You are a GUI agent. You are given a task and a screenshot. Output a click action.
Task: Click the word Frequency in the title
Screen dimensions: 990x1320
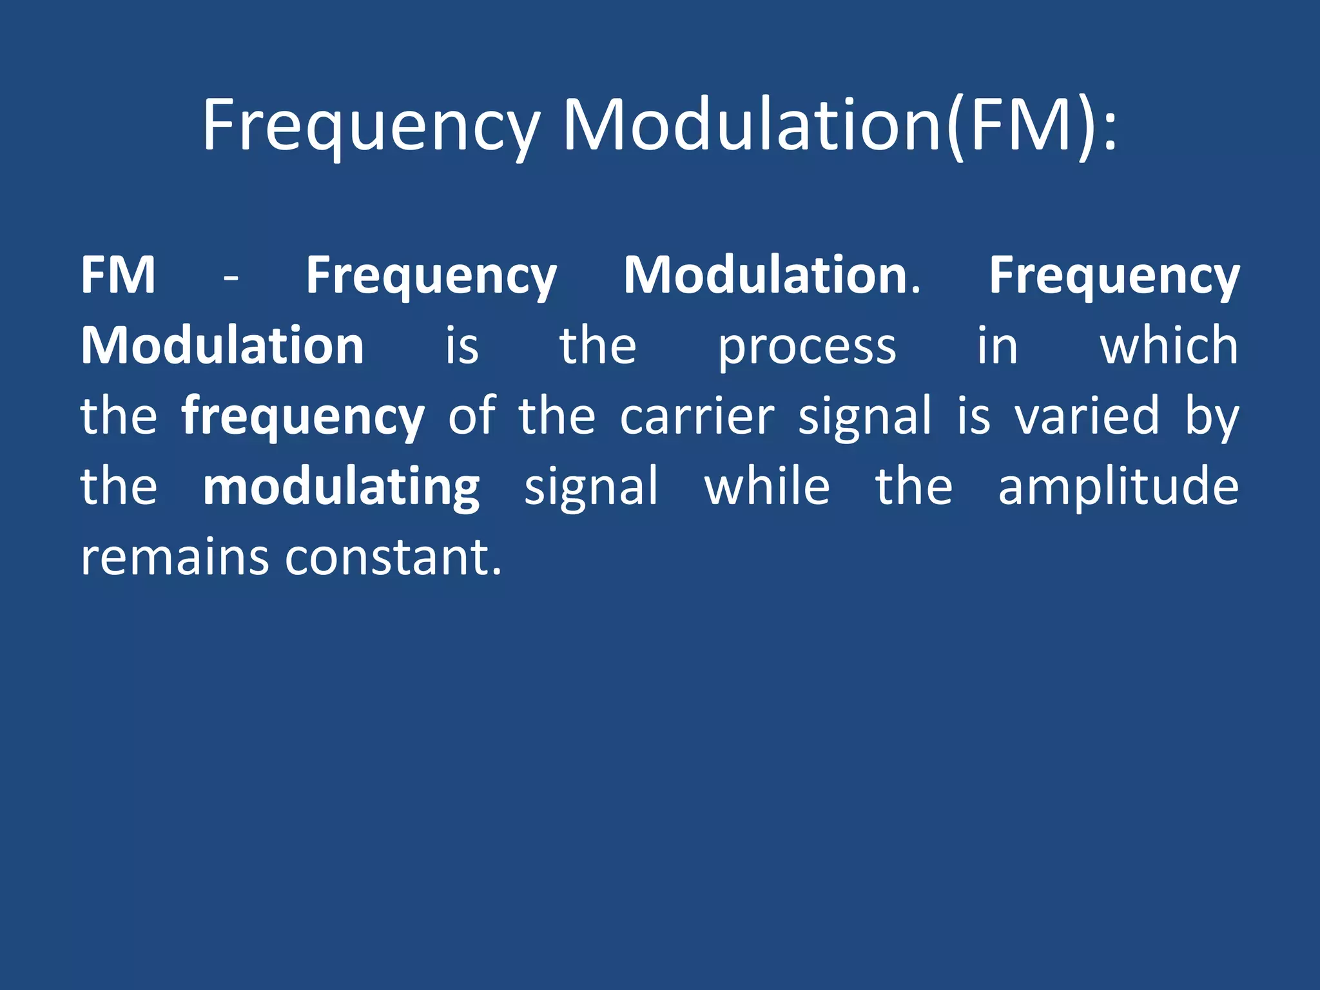point(371,126)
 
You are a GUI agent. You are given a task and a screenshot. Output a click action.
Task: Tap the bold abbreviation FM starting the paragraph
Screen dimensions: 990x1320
point(119,275)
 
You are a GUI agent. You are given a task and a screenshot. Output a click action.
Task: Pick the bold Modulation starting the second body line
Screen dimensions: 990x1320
point(222,346)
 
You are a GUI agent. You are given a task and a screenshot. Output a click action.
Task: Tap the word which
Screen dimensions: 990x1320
point(1169,346)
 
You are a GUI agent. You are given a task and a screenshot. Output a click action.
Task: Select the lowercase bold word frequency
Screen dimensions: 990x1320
point(303,418)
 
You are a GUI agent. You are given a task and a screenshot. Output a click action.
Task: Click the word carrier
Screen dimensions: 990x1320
point(697,416)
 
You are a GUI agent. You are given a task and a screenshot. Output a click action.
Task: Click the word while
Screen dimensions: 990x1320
point(767,486)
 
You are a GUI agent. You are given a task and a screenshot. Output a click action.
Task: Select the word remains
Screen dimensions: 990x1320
point(174,557)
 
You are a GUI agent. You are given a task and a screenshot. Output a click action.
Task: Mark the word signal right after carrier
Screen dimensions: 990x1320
point(865,418)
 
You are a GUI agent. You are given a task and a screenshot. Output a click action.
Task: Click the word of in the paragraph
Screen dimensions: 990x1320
point(472,416)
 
